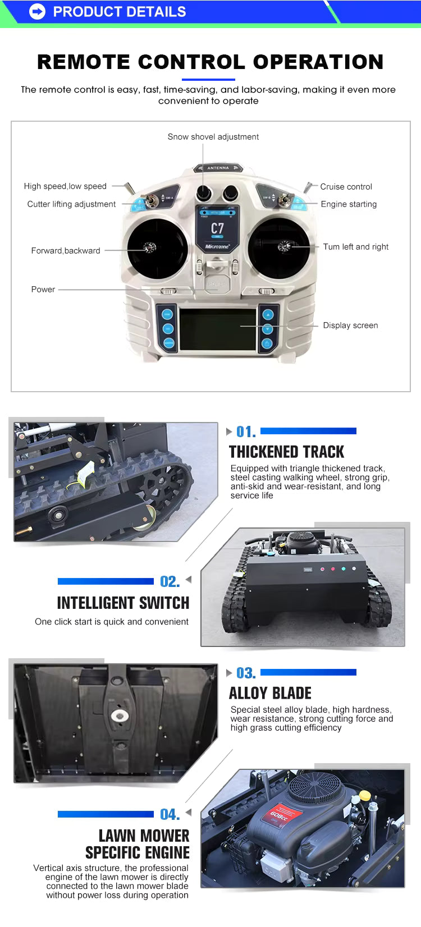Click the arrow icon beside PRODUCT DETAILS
(37, 11)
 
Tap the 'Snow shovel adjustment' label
(213, 137)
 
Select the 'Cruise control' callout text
(346, 187)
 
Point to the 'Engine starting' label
(349, 204)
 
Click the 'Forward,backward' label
(66, 251)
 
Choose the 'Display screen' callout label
(350, 325)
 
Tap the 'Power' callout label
(43, 290)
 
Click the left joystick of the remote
(150, 247)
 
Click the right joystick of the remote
(285, 246)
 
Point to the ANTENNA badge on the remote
(218, 168)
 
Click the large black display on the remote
(218, 329)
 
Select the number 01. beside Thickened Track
(245, 432)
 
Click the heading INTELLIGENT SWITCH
(123, 603)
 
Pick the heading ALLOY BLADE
(270, 693)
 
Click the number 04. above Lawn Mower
(170, 814)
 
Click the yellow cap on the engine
(365, 795)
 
